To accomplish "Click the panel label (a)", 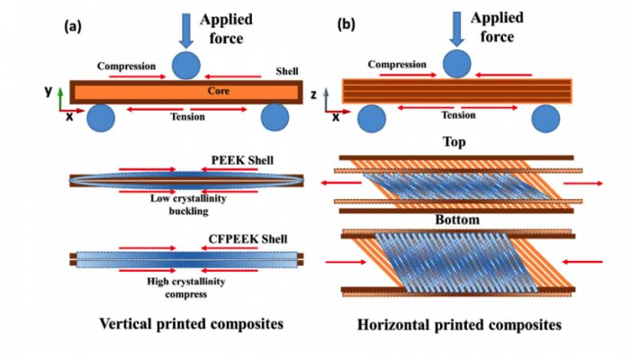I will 72,26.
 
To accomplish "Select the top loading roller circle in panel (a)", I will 187,66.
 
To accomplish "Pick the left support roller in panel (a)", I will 100,118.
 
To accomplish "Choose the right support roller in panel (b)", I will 547,119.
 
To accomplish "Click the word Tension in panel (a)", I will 187,116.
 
